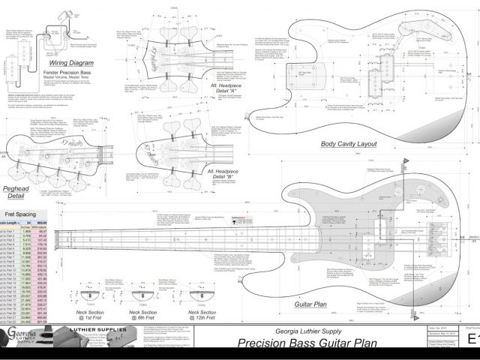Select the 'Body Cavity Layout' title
tap(349, 144)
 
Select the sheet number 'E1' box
tap(470, 339)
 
